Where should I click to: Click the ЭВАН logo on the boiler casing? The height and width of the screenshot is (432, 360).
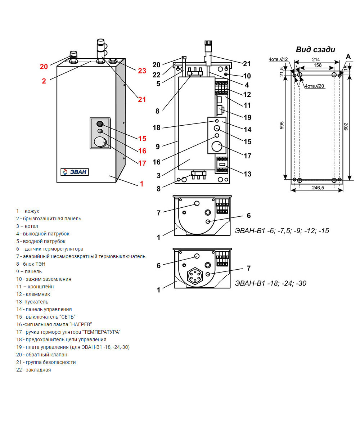pyautogui.click(x=75, y=172)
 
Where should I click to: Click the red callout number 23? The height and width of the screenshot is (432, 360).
pyautogui.click(x=142, y=71)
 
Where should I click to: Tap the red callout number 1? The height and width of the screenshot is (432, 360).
pyautogui.click(x=141, y=184)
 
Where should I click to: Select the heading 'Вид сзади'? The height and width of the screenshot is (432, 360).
pyautogui.click(x=315, y=50)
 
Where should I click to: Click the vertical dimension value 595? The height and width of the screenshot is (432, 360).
pyautogui.click(x=282, y=125)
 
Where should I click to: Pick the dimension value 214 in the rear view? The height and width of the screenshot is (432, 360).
pyautogui.click(x=316, y=60)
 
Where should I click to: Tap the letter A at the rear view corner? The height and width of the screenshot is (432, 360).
pyautogui.click(x=348, y=57)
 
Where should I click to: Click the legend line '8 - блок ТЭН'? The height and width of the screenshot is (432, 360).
pyautogui.click(x=31, y=264)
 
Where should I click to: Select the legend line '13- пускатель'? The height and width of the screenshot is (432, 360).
pyautogui.click(x=32, y=302)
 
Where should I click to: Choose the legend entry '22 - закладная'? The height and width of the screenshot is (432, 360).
pyautogui.click(x=33, y=370)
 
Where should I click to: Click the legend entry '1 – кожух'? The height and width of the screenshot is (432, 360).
pyautogui.click(x=28, y=211)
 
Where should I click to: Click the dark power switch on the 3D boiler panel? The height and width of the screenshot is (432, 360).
pyautogui.click(x=100, y=124)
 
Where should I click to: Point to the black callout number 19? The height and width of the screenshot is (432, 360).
pyautogui.click(x=247, y=117)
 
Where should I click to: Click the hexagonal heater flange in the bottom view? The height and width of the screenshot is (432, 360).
pyautogui.click(x=194, y=277)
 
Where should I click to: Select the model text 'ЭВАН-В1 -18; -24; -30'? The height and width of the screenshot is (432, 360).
pyautogui.click(x=270, y=283)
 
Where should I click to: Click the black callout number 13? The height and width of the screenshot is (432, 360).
pyautogui.click(x=247, y=174)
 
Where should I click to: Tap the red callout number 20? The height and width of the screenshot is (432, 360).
pyautogui.click(x=44, y=67)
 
